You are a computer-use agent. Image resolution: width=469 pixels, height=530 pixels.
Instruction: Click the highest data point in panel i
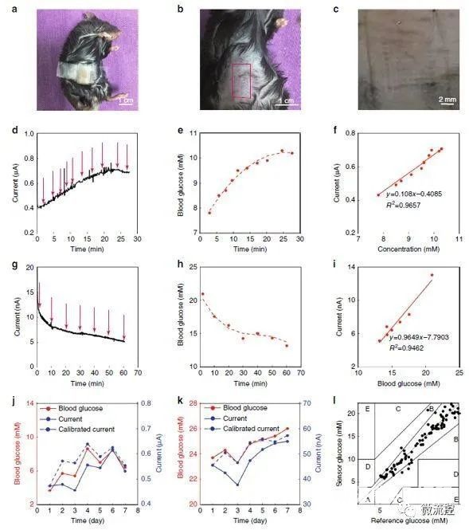pos(432,276)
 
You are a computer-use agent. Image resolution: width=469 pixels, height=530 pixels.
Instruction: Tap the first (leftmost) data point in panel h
pos(202,294)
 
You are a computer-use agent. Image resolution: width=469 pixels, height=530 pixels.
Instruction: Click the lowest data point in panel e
pos(209,212)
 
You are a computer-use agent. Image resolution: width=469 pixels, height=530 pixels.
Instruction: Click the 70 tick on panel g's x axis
pos(139,372)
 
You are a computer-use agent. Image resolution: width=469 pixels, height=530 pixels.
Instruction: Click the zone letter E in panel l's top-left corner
pos(367,409)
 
